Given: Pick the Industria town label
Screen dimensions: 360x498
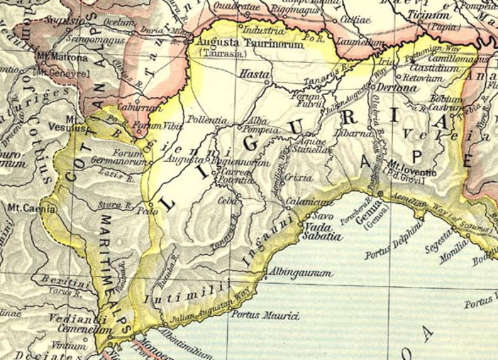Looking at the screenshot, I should tap(259, 31).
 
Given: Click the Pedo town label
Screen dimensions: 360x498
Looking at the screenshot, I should tap(149, 211).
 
